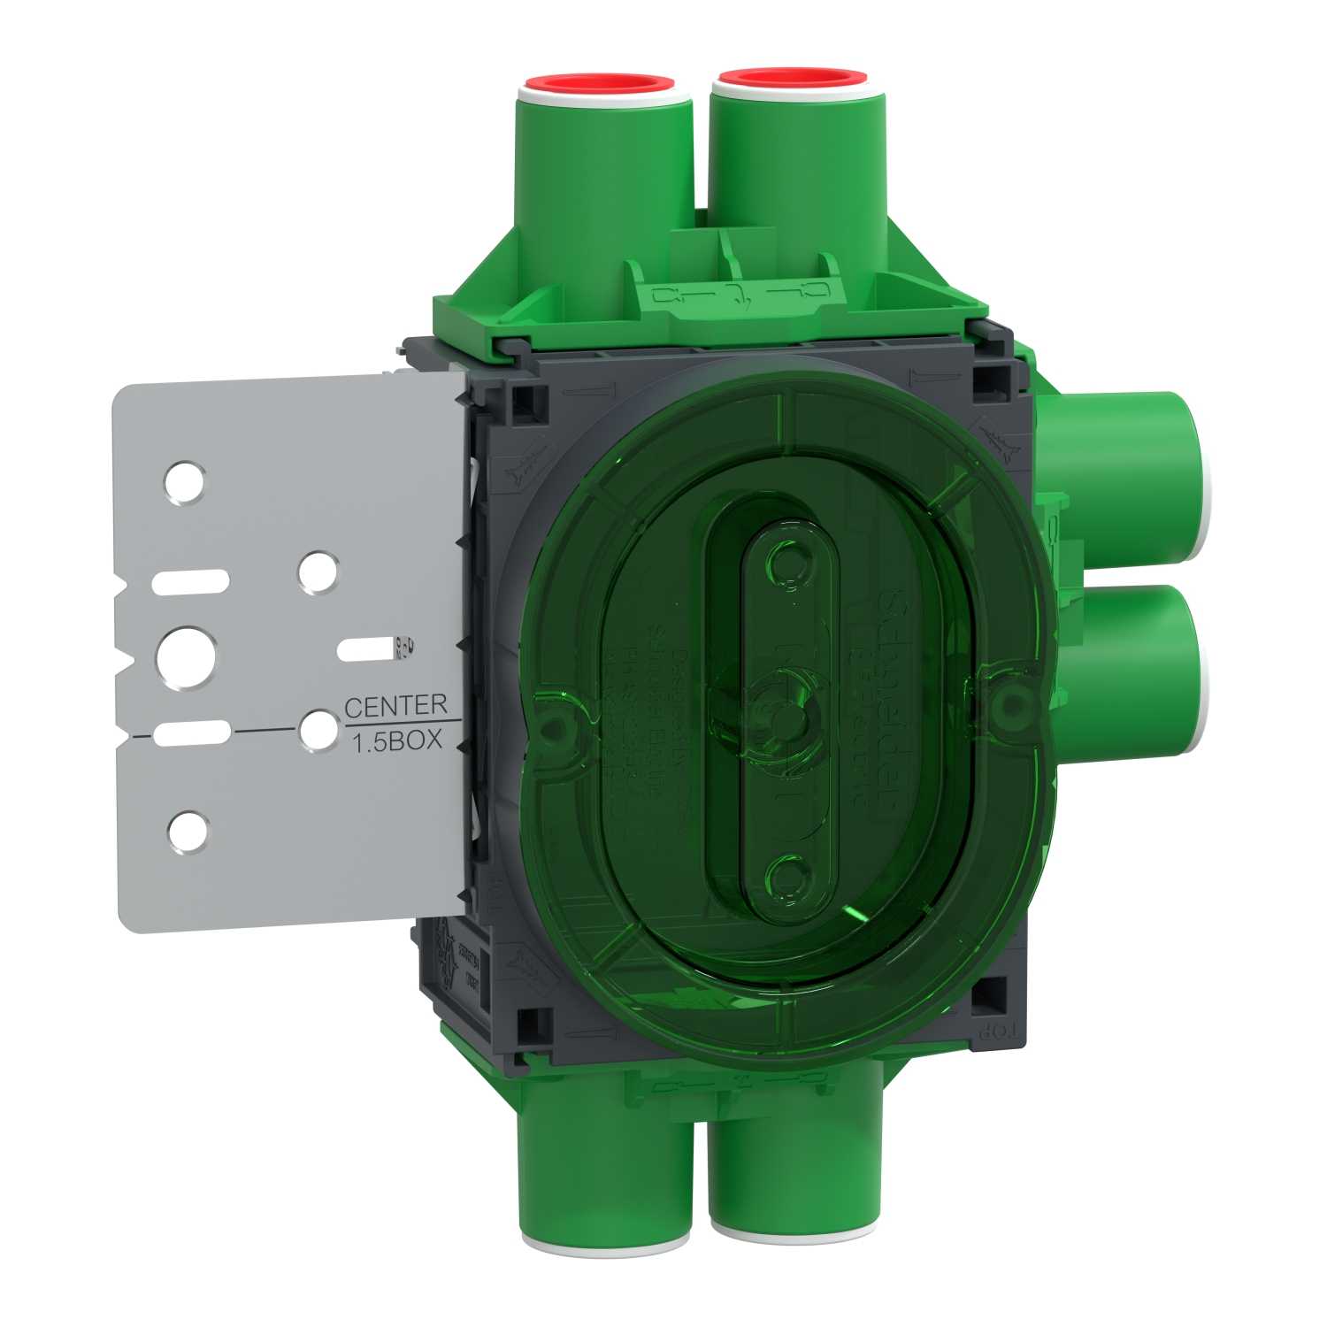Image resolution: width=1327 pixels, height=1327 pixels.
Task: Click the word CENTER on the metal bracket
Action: click(395, 706)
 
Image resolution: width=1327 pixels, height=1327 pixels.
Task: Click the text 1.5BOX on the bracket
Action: click(398, 741)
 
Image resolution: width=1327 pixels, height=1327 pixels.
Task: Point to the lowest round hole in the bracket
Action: click(188, 832)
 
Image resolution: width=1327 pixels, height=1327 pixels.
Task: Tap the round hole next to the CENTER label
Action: click(318, 730)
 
